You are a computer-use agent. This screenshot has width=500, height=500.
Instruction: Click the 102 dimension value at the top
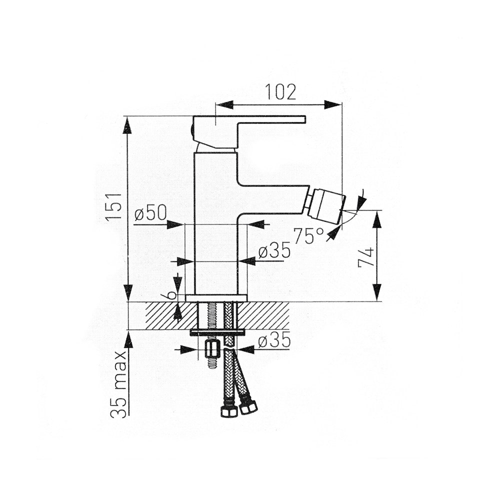tap(280, 92)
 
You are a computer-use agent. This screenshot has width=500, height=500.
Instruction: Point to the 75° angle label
tap(308, 235)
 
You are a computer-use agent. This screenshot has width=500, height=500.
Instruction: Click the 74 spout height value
tap(366, 257)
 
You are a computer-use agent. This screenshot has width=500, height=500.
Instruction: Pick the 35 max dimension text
tap(118, 384)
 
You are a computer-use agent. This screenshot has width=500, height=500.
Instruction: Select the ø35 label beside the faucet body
tap(274, 250)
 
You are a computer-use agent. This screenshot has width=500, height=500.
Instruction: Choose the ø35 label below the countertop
tap(274, 339)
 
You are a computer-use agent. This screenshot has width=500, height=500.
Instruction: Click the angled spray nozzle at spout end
tap(327, 206)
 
